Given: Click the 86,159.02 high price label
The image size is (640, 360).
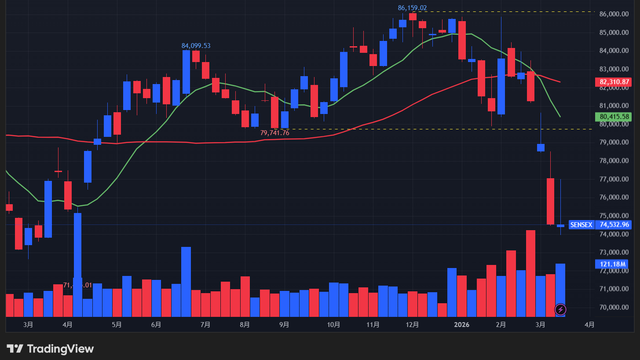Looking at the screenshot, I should point(412,8).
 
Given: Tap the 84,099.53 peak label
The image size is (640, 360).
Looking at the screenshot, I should point(196,46).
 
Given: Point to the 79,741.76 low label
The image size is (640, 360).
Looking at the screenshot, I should point(274,132).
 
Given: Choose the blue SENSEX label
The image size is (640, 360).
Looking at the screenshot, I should point(581,225).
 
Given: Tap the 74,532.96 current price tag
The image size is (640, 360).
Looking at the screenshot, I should point(614,225).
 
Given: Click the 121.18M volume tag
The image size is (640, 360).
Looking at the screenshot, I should point(612,264).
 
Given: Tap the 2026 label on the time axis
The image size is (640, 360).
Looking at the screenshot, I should point(461,325).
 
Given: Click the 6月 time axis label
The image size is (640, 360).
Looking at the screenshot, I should point(156,325).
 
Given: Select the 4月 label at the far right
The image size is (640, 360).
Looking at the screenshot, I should point(589,325).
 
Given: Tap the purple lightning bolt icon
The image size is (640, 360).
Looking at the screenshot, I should point(560,309).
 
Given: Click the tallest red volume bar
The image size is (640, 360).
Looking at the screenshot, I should point(530,273).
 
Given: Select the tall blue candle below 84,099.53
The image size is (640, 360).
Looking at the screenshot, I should point(186,72).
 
